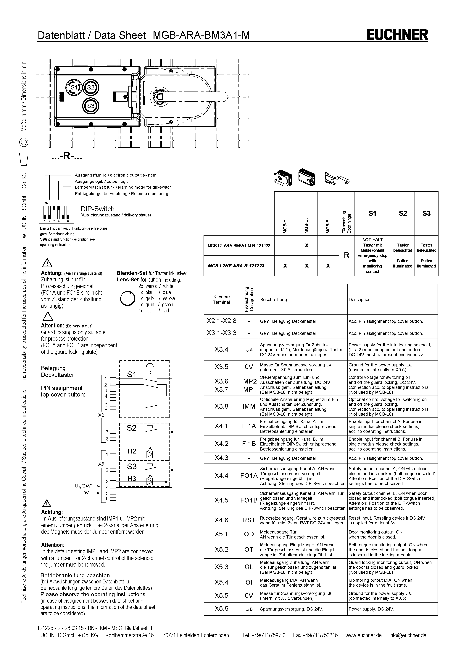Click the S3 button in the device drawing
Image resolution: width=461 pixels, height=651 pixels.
(x=91, y=106)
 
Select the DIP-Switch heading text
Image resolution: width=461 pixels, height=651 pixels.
(x=97, y=209)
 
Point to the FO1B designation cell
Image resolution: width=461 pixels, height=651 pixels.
(x=249, y=500)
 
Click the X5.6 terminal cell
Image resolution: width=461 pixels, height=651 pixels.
(x=221, y=608)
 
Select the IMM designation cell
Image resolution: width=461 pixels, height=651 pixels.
(x=249, y=406)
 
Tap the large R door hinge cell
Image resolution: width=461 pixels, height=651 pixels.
(x=346, y=255)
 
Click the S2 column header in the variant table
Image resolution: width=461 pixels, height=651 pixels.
(x=402, y=213)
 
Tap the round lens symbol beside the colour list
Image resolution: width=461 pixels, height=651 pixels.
(x=127, y=298)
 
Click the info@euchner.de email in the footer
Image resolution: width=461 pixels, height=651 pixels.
(x=408, y=635)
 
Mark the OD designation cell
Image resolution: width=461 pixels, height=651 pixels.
(x=249, y=534)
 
